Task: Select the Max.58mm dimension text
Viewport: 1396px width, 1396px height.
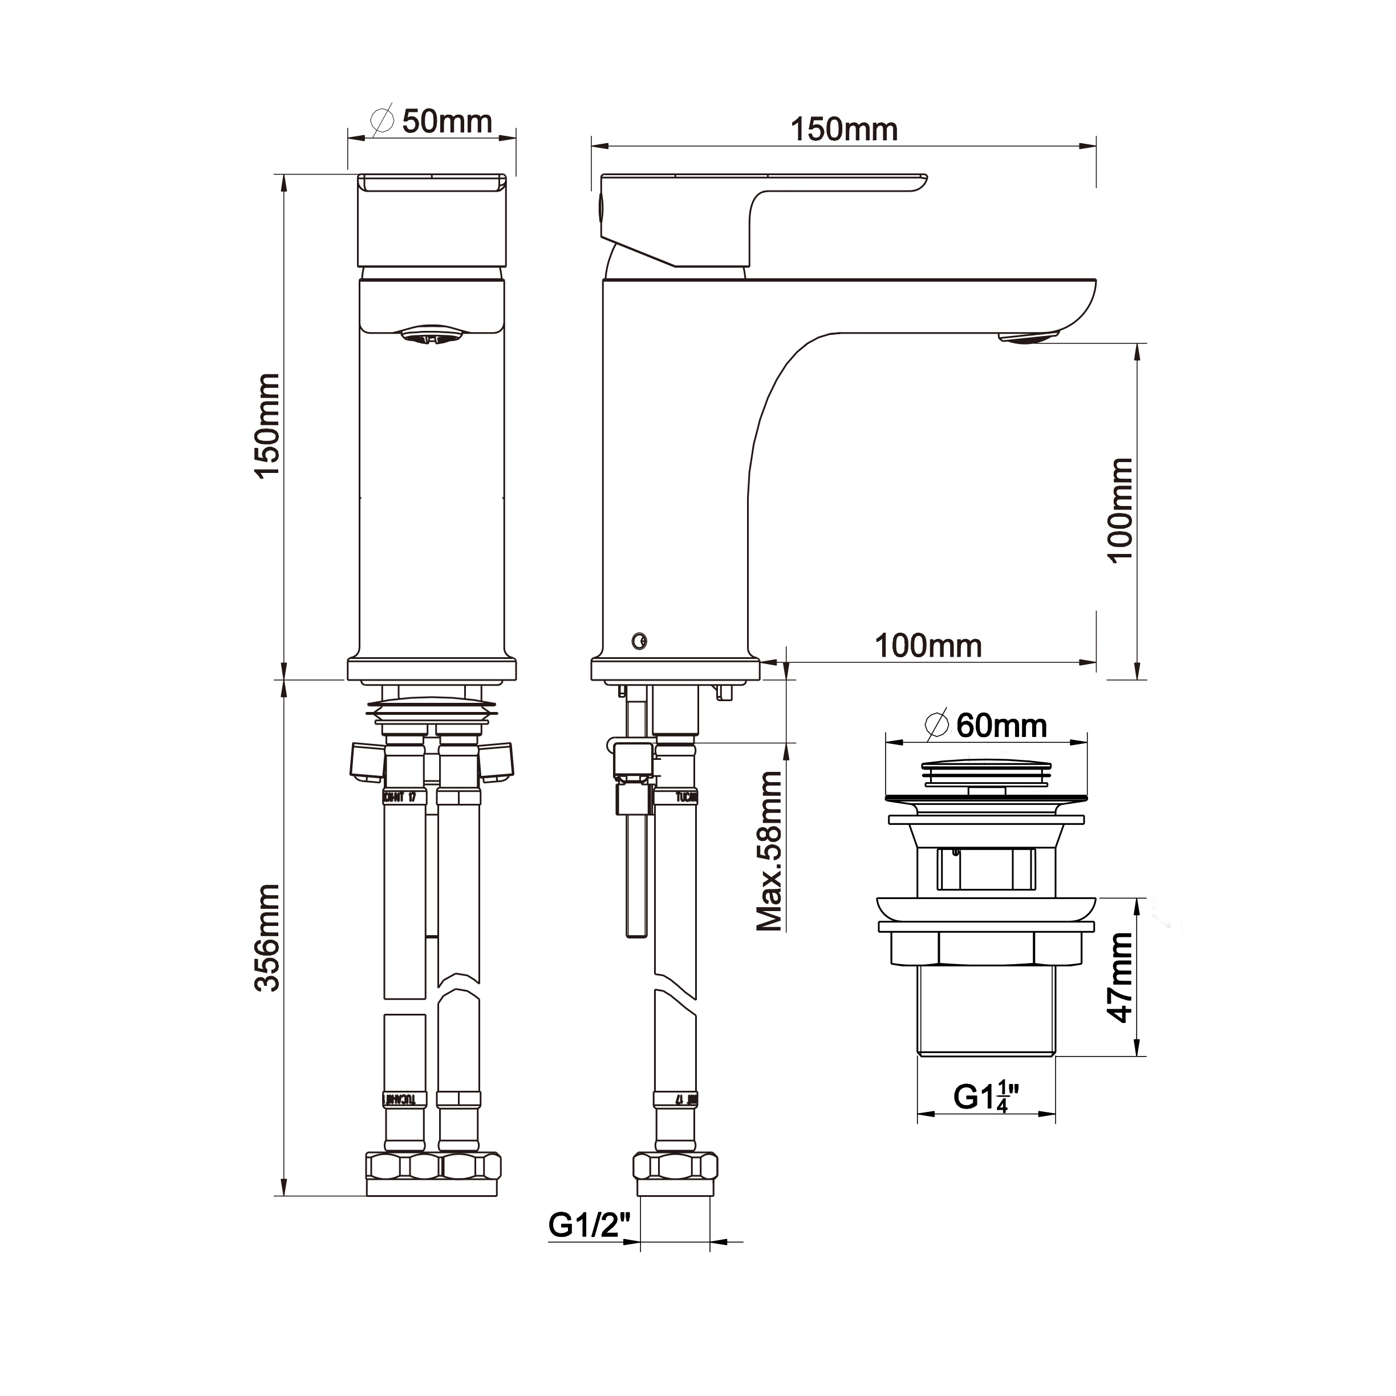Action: point(769,851)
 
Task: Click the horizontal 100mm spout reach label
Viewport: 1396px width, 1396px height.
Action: point(928,646)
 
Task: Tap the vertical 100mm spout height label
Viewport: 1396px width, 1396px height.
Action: point(1121,509)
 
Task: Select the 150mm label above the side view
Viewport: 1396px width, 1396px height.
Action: point(843,130)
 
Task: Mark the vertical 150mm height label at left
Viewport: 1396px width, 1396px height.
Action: point(267,425)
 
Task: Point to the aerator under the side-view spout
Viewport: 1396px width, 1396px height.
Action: point(1028,337)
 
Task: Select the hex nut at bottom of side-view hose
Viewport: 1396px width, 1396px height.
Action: point(675,1166)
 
